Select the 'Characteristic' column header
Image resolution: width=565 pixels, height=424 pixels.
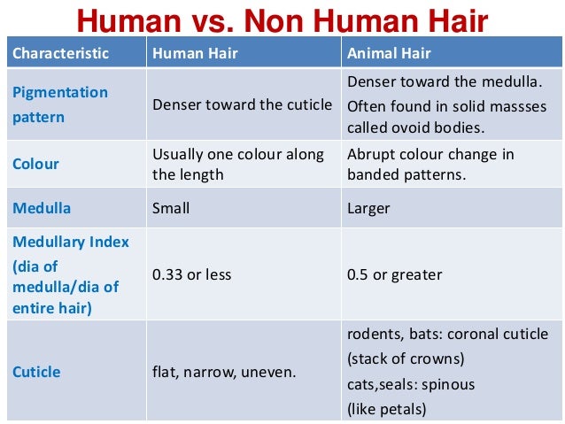60,53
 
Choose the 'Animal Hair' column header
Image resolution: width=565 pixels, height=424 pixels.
389,53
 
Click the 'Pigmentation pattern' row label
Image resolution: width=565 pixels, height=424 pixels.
59,104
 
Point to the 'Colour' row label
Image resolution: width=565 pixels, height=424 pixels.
35,164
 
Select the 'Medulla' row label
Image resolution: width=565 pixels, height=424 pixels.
41,209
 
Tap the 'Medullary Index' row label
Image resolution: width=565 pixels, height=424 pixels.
70,242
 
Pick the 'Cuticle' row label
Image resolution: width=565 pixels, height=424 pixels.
36,372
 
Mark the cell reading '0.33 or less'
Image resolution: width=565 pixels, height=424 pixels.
191,274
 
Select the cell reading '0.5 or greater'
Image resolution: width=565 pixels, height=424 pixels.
394,274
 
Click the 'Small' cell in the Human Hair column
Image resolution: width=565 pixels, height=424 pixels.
171,209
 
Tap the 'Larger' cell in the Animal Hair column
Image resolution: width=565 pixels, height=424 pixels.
368,209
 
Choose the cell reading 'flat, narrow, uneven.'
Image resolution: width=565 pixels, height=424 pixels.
224,373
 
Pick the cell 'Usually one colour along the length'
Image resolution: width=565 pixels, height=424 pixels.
238,164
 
